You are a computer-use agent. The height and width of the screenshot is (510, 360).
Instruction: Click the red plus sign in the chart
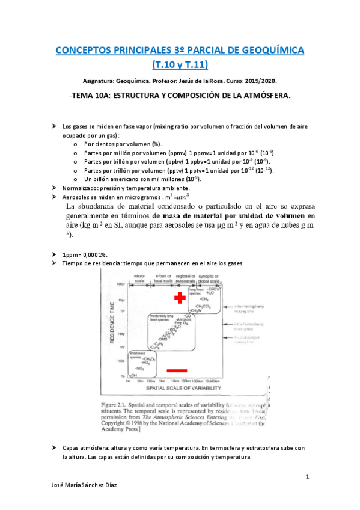(179, 298)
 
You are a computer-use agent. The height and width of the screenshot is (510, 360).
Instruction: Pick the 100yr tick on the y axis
(120, 283)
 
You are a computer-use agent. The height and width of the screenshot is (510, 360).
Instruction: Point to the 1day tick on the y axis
(120, 333)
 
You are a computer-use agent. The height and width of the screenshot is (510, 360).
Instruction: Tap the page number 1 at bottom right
(307, 477)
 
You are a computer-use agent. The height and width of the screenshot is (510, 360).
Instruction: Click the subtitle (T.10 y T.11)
(180, 64)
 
